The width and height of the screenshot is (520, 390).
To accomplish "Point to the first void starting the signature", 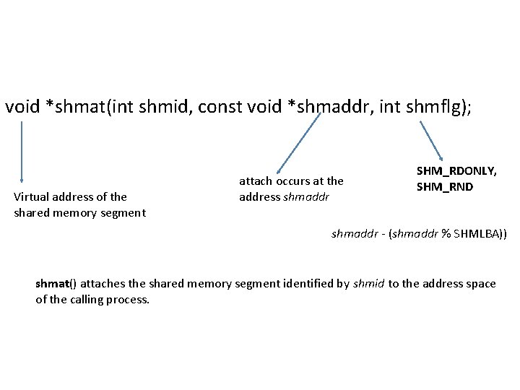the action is pos(22,108).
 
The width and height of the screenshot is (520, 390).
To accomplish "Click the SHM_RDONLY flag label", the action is pos(456,171).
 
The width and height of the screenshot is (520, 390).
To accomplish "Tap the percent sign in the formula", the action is pos(446,233).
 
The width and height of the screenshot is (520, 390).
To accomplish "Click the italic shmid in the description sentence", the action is pos(369,283).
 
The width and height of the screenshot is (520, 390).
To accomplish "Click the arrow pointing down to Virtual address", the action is pos(22,152).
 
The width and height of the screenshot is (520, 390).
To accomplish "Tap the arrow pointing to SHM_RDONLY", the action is pos(431,140).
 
